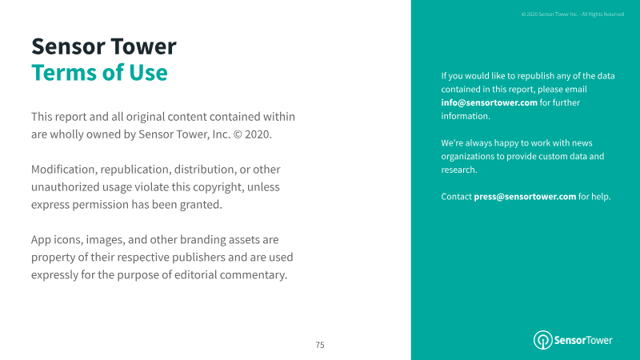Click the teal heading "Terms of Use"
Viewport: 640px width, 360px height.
[99, 73]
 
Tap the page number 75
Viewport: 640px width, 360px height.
[320, 345]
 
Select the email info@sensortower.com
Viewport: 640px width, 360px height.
[489, 102]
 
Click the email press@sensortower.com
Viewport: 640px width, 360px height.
[525, 196]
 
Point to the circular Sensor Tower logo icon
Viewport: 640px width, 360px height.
[543, 340]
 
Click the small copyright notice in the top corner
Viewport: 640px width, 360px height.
[573, 14]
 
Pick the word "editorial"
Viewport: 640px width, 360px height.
[195, 274]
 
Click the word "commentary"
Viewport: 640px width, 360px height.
[253, 274]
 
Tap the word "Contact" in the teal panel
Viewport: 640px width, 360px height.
[456, 196]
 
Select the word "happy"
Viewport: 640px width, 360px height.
[506, 143]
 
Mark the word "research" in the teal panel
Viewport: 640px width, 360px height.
[458, 170]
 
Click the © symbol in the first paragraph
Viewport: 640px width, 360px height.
[237, 134]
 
